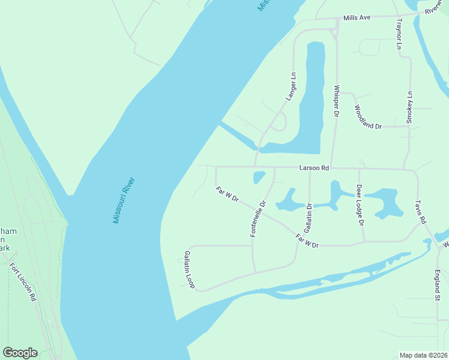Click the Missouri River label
click(124, 200)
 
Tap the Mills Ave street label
click(357, 18)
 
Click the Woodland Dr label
click(368, 117)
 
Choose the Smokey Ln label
click(409, 107)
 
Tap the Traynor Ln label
click(397, 34)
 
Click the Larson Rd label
click(314, 169)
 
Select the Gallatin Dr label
click(308, 218)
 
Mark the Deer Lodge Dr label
click(360, 205)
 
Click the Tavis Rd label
click(419, 209)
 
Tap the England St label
click(437, 284)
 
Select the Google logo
click(20, 352)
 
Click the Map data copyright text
click(423, 355)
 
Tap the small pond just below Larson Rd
click(259, 178)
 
